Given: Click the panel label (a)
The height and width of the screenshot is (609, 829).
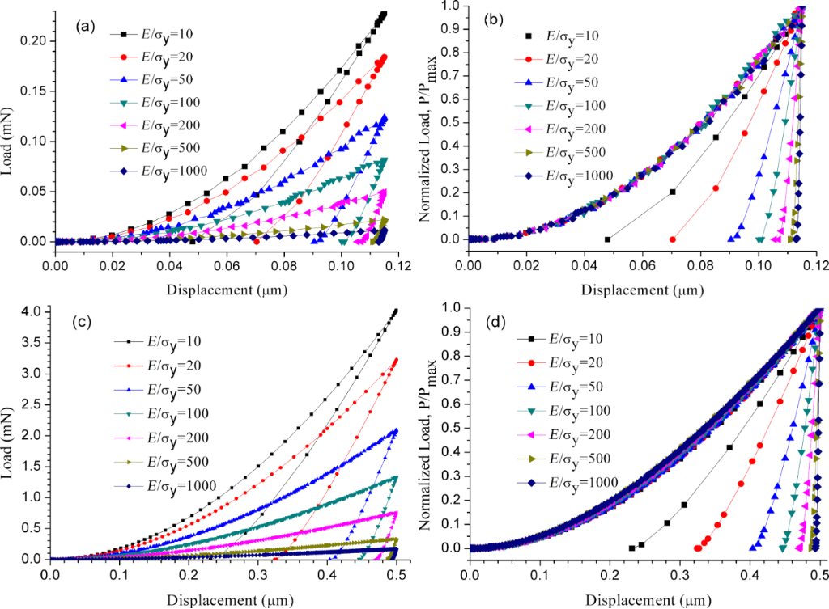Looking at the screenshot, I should (83, 27).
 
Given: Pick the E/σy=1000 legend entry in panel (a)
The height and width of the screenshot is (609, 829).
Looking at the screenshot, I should (165, 170).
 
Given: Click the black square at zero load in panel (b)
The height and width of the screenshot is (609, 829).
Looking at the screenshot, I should (607, 239).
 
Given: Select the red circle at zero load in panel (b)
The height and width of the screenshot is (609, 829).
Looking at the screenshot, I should (672, 239).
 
